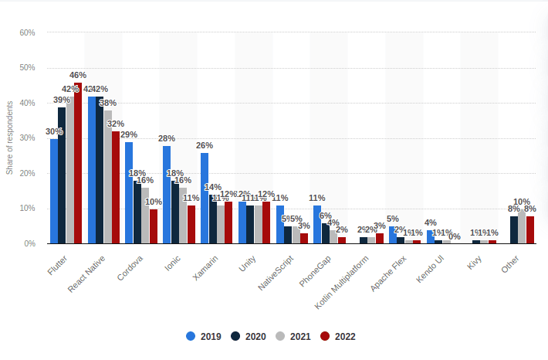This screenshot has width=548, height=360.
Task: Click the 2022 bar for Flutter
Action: pos(78,163)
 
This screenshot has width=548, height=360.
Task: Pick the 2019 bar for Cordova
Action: pos(129,193)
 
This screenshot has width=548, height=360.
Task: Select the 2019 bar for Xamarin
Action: pos(205,198)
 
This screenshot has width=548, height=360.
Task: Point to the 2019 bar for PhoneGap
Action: pos(317,225)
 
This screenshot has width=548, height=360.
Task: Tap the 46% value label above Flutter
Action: pos(78,75)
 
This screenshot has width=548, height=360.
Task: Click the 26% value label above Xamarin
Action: pos(205,145)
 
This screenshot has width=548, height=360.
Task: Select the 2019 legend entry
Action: pos(204,336)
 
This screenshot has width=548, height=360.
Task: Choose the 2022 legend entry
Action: pos(338,336)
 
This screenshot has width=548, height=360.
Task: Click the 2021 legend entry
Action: pos(293,336)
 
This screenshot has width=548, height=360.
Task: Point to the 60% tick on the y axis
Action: pos(27,32)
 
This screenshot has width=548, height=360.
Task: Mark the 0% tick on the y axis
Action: pos(29,243)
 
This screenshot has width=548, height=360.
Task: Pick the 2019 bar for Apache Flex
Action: pos(392,235)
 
